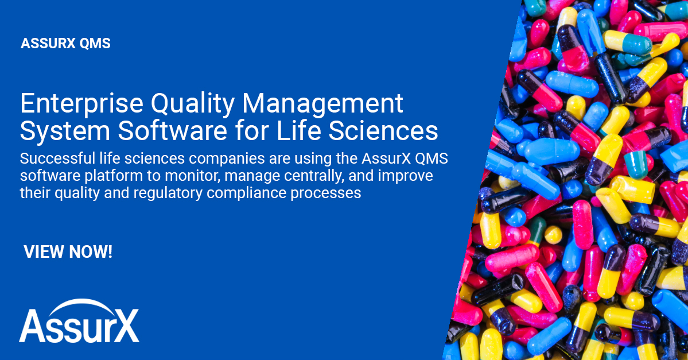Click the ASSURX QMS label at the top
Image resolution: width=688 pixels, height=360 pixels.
click(65, 44)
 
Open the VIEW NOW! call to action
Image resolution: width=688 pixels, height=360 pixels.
click(68, 251)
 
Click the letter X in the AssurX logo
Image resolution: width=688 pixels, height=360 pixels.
click(124, 328)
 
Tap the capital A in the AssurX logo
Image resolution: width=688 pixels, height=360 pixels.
click(33, 328)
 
